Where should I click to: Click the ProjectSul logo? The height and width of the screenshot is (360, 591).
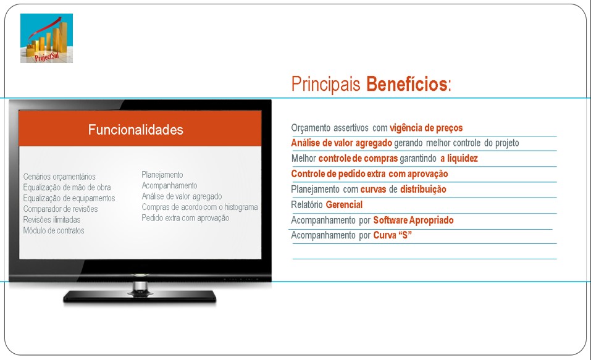pyautogui.click(x=46, y=38)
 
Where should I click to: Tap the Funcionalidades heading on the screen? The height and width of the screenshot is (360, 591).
pyautogui.click(x=136, y=130)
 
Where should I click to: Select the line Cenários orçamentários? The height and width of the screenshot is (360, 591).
pyautogui.click(x=59, y=177)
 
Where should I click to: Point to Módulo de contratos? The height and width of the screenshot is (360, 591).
pyautogui.click(x=54, y=230)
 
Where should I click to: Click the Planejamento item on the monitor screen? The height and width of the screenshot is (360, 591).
pyautogui.click(x=162, y=175)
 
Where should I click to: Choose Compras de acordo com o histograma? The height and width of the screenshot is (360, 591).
pyautogui.click(x=199, y=207)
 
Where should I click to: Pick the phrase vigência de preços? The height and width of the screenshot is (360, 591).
pyautogui.click(x=426, y=128)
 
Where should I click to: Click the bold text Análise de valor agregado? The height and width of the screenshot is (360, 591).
pyautogui.click(x=342, y=143)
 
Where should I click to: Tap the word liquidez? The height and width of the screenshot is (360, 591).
pyautogui.click(x=462, y=158)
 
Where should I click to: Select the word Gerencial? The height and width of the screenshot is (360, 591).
pyautogui.click(x=344, y=204)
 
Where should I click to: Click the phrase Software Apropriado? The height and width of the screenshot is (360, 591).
pyautogui.click(x=413, y=220)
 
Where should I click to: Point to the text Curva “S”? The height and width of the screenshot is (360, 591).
pyautogui.click(x=392, y=235)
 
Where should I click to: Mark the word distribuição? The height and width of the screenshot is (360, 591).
pyautogui.click(x=423, y=189)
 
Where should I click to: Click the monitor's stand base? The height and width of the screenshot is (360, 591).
pyautogui.click(x=140, y=296)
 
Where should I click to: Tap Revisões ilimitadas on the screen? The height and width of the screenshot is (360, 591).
pyautogui.click(x=52, y=220)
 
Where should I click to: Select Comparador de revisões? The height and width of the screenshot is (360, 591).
pyautogui.click(x=61, y=209)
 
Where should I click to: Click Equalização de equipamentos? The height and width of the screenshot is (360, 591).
pyautogui.click(x=69, y=198)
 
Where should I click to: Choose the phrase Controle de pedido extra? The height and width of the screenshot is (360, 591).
pyautogui.click(x=338, y=174)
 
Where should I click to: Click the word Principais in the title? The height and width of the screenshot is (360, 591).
pyautogui.click(x=325, y=84)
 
